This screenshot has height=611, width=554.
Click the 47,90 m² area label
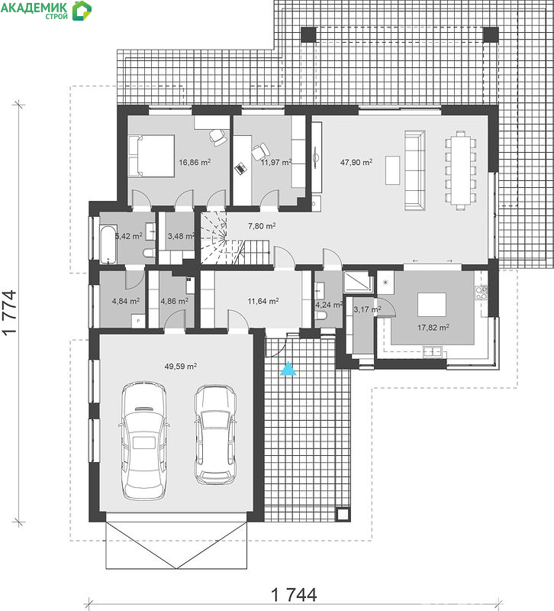coord(356,162)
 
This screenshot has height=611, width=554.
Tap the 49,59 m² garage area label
coord(181,367)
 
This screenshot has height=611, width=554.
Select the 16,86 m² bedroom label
coord(195,162)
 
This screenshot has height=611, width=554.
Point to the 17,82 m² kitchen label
coord(433,328)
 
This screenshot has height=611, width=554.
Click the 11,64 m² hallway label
coord(263,301)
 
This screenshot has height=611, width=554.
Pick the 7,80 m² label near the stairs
coord(262,225)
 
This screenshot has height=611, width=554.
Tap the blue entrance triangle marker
coord(288,369)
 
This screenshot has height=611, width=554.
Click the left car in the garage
coord(144,441)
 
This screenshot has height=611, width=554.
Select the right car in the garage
coord(215,435)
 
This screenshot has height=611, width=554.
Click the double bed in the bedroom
coord(151,156)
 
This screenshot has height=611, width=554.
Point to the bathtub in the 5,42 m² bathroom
coord(108,244)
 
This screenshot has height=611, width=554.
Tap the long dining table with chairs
coord(461,170)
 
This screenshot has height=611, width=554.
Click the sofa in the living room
coord(414,170)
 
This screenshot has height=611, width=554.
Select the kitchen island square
coord(432,305)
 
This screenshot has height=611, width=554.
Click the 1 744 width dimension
coord(294,595)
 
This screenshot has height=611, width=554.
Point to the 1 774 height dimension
coord(10,312)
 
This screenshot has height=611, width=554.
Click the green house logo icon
coord(82,11)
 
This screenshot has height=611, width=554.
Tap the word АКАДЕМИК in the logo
coord(34,8)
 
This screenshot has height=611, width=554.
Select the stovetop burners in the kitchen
coord(482,293)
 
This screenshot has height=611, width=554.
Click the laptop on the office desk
coord(241,168)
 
